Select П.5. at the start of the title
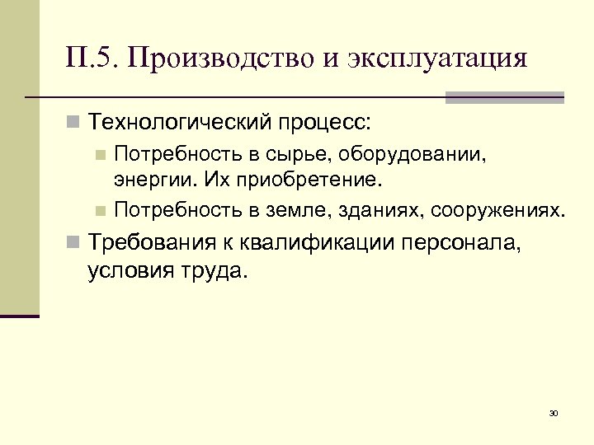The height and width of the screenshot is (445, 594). click(92, 59)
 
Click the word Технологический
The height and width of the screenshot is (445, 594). click(179, 124)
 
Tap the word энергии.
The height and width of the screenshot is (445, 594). click(155, 178)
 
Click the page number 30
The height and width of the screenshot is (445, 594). click(553, 413)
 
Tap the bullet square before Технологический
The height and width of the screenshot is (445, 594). click(74, 124)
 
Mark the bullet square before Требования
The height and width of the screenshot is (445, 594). click(74, 244)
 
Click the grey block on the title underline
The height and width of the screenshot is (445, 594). click(504, 97)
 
